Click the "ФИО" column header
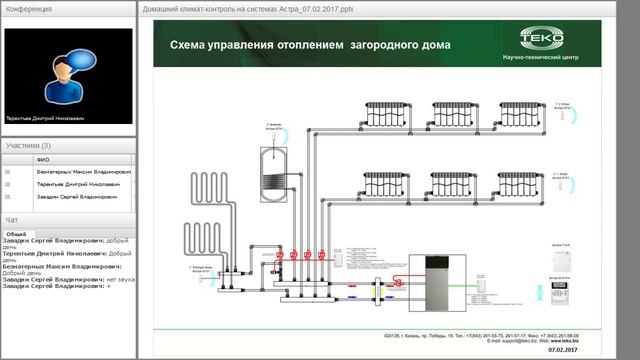42,159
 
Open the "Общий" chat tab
17,233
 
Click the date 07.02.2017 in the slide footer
563,349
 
